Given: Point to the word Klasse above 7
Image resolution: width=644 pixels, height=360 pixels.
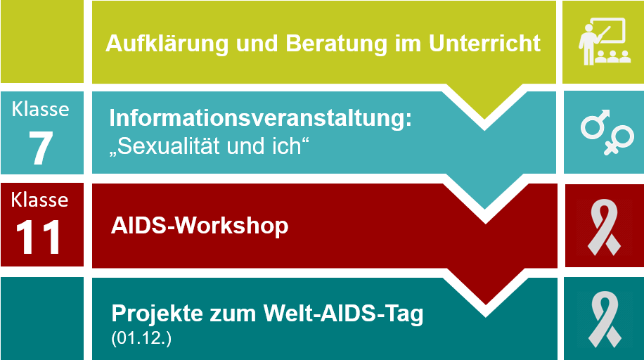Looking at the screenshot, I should point(41,110).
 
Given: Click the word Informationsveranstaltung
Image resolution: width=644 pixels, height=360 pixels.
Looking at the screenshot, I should point(260,117).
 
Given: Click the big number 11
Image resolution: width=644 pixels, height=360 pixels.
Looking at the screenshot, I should point(39,237).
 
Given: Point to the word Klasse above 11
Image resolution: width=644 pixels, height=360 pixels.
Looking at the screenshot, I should point(40,200).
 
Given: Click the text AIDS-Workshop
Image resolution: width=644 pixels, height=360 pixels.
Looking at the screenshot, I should point(200,226).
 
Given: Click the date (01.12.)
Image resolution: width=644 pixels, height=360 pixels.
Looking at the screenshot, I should point(141,338).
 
